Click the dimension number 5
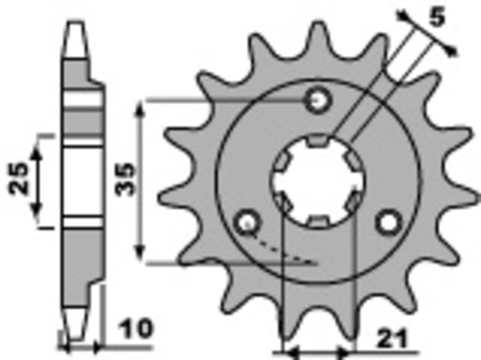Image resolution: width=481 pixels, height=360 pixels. pyautogui.click(x=437, y=17)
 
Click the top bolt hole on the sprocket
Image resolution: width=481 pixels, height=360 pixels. pyautogui.click(x=318, y=100)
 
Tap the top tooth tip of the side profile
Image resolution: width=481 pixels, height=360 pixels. pyautogui.click(x=75, y=27)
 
